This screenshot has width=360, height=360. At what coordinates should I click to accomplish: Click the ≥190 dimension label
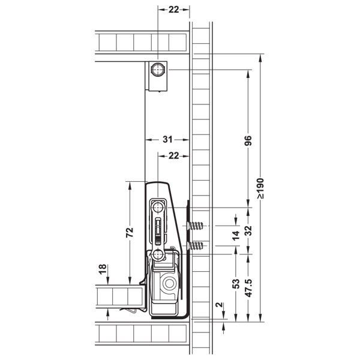(260, 188)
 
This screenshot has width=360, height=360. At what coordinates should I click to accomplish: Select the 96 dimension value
(248, 141)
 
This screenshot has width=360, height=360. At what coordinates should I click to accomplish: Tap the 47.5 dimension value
(249, 288)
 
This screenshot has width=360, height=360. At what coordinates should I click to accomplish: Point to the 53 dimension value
(236, 284)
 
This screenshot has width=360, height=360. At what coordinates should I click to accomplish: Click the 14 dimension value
(236, 236)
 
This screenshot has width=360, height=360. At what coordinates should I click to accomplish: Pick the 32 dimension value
(248, 231)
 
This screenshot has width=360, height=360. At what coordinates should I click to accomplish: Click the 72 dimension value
(130, 232)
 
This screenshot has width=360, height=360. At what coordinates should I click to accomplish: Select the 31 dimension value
(167, 139)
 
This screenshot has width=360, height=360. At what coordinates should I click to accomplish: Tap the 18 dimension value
(103, 269)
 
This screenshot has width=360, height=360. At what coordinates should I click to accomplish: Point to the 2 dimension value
(220, 305)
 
